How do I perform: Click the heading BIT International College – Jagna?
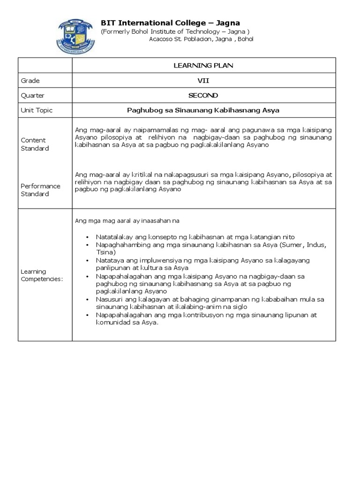[171, 23]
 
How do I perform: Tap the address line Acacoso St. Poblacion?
[201, 39]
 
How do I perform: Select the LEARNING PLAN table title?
[203, 65]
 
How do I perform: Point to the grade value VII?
[203, 80]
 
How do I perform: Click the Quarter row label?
[33, 95]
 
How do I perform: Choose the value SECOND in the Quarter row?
[203, 95]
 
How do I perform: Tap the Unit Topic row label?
[37, 110]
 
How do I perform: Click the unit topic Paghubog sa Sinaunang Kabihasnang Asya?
[203, 110]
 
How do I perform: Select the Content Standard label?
[34, 144]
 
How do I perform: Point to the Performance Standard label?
[40, 190]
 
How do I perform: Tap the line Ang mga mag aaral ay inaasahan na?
[127, 220]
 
